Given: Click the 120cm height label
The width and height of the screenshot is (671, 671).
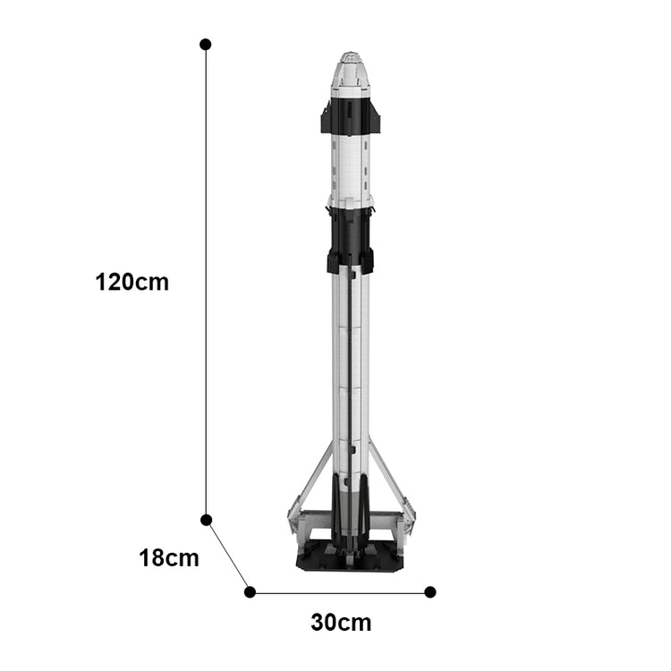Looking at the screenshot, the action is click(x=132, y=283).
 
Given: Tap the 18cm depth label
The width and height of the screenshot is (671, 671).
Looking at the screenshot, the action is click(x=169, y=558).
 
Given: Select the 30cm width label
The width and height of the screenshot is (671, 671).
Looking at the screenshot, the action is click(x=341, y=623).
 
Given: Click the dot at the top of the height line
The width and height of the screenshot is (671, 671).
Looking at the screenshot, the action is click(x=206, y=44).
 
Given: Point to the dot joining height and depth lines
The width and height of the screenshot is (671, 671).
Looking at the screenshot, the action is click(x=207, y=520).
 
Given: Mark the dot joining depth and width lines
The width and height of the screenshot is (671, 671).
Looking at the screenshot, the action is click(x=250, y=592).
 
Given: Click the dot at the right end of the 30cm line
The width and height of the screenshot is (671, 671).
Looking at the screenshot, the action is click(x=430, y=592).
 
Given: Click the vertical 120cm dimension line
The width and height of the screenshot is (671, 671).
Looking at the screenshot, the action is click(x=206, y=282).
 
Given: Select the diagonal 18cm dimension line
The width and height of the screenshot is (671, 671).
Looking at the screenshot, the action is click(x=228, y=556).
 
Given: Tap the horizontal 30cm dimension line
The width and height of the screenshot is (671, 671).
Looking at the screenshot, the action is click(x=340, y=593).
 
